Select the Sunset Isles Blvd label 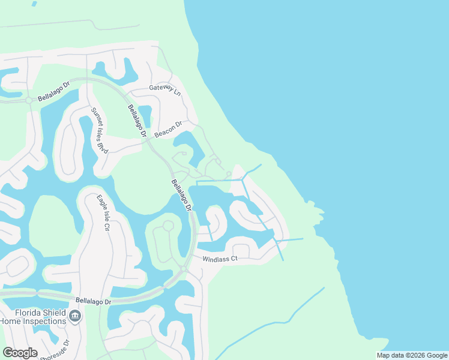99,130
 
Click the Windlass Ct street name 220,259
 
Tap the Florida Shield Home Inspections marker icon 75,316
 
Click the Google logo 20,352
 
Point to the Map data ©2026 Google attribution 411,355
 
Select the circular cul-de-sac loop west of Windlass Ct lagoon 167,226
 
